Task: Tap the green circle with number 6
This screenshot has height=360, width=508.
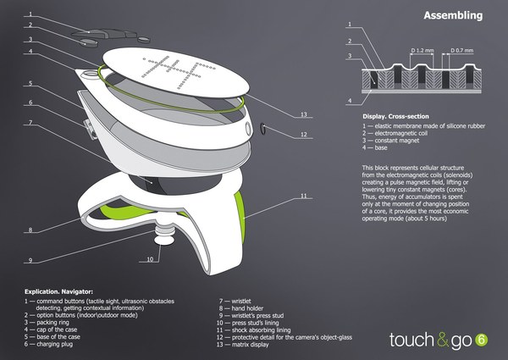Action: pos(481,340)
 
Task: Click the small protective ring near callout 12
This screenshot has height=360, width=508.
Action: pos(264,128)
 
